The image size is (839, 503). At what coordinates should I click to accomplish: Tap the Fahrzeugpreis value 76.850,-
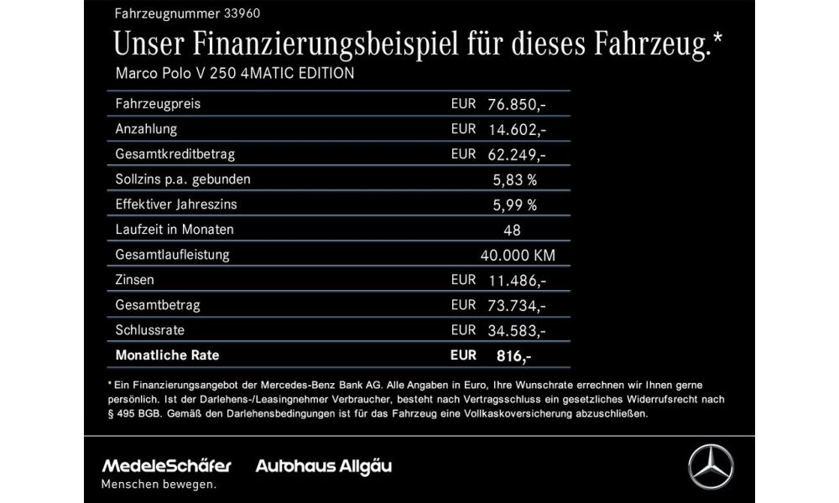[517, 104]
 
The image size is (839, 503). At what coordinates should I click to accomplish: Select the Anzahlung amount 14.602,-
[517, 129]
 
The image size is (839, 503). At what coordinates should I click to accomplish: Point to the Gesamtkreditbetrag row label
[175, 154]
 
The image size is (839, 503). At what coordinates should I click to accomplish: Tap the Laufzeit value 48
[513, 230]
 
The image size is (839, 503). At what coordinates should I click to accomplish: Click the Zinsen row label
[134, 279]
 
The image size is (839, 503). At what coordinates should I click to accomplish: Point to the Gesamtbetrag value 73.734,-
[517, 304]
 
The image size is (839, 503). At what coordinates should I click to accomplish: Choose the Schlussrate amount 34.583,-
[517, 329]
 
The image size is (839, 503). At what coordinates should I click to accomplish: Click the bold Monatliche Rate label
[167, 355]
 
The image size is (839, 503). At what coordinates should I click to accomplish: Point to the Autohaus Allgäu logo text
[324, 465]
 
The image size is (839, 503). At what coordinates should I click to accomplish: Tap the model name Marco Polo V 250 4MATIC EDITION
[234, 73]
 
